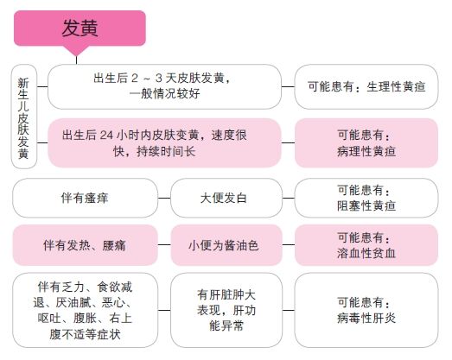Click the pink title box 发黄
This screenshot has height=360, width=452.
click(x=80, y=28)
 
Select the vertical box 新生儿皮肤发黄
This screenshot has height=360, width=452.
click(x=24, y=117)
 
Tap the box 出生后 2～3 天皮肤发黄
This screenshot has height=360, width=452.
click(x=164, y=86)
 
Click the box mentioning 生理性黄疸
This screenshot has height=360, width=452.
click(x=366, y=86)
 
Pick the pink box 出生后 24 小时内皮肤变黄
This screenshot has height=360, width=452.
click(x=164, y=142)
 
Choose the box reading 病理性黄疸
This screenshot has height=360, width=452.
click(x=366, y=142)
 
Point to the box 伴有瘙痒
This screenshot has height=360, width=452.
click(x=85, y=198)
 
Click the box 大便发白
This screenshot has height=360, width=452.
click(x=226, y=198)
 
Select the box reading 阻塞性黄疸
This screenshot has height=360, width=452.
click(x=366, y=198)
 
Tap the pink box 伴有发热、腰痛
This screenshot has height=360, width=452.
click(x=85, y=245)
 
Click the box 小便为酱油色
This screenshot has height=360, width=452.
click(x=226, y=245)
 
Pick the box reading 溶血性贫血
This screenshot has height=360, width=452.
click(x=366, y=245)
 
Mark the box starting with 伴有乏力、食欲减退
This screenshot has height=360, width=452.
click(x=85, y=310)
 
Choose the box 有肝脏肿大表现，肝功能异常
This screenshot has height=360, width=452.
click(x=226, y=310)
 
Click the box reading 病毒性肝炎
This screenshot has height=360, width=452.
click(x=366, y=310)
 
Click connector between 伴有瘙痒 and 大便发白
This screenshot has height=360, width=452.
click(x=164, y=199)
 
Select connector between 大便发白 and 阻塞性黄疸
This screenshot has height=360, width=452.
click(x=289, y=199)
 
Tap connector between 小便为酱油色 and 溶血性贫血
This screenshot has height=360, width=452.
click(x=289, y=245)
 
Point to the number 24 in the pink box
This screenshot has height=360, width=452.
click(x=106, y=135)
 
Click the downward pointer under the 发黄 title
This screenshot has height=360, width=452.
click(x=76, y=51)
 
